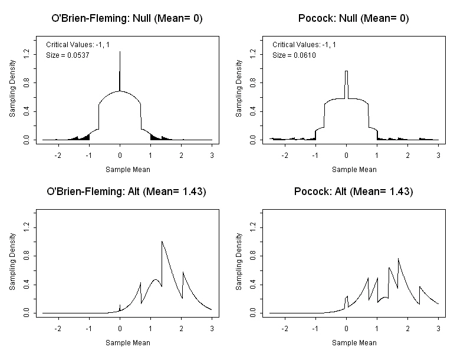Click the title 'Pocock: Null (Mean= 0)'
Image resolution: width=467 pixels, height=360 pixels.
click(354, 18)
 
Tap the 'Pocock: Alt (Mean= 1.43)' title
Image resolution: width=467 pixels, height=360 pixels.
click(354, 191)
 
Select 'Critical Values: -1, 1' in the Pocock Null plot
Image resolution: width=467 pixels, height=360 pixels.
click(305, 44)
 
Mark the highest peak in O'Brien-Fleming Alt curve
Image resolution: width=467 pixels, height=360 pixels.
click(162, 241)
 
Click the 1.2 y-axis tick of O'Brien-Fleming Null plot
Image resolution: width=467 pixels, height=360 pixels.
click(27, 53)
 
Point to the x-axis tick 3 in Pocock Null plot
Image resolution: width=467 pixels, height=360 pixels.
click(438, 154)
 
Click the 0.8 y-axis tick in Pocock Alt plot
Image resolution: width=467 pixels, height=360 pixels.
click(253, 256)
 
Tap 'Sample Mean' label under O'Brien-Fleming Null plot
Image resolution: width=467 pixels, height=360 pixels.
click(127, 169)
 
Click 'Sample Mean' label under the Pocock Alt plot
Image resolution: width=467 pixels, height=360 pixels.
click(354, 342)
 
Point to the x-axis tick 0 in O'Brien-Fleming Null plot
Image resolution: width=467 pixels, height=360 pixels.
click(120, 154)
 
